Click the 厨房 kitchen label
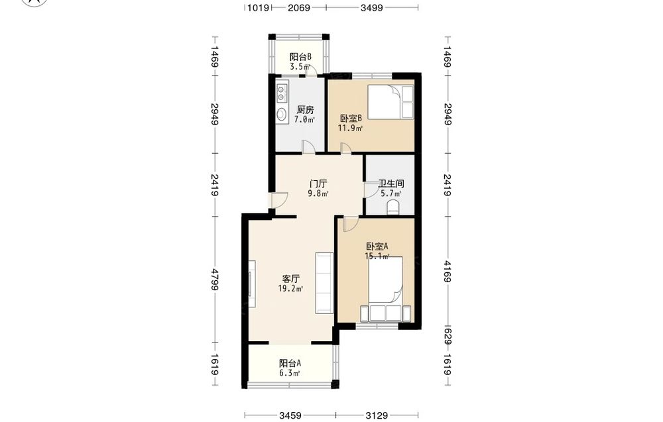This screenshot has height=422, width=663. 305,110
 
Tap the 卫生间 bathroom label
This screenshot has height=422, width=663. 391,184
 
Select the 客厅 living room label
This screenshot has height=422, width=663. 291,279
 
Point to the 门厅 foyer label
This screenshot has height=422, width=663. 318,184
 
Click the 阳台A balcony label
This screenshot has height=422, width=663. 290,363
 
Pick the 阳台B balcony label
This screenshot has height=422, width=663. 300,57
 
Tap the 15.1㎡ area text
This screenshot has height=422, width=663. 377,256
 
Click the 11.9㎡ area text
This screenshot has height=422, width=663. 350,128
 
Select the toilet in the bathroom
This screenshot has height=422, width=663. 393,207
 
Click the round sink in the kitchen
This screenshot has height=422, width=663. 282,114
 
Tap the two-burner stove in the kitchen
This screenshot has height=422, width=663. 282,93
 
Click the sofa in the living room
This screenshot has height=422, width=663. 324,283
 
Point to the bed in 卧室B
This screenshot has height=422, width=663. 391,102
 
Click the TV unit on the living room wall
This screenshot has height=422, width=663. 252,284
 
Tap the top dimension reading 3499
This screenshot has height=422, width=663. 372,7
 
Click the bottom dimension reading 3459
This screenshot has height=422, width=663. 290,415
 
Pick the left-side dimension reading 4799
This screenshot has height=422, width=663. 215,279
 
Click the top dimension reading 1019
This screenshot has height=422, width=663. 259,7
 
